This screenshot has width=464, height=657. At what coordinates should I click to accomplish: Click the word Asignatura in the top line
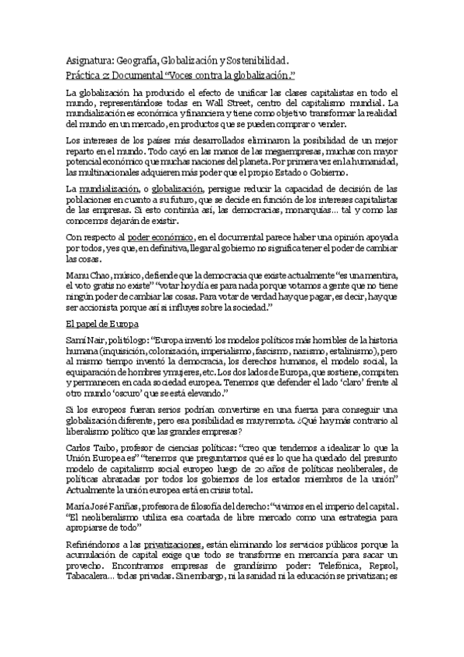91,60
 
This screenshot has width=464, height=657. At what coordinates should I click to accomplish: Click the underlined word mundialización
109,188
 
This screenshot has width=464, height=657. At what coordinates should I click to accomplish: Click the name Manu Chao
87,277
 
